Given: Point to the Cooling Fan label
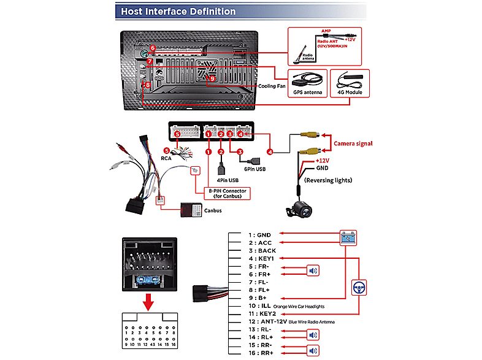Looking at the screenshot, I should (x=272, y=86).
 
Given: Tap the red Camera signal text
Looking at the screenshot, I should (x=354, y=144).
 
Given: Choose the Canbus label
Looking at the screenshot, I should (x=213, y=210).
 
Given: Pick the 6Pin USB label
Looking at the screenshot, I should (x=256, y=168).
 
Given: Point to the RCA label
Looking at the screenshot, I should (x=166, y=158).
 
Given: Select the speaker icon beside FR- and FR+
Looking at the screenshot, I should (x=313, y=271).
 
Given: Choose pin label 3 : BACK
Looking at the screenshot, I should (x=262, y=250).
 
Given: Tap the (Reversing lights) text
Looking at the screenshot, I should (x=324, y=181).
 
